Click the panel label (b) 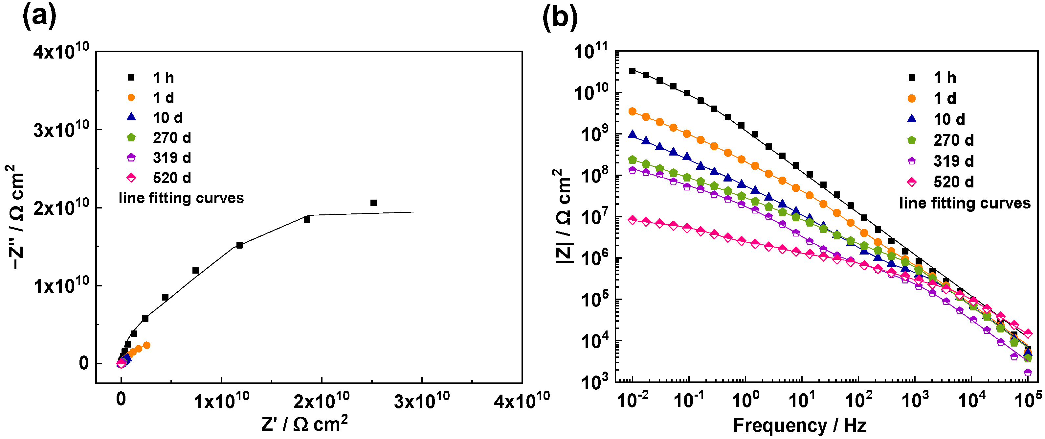[560, 17]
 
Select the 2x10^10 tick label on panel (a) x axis [321, 401]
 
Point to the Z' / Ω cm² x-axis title [304, 424]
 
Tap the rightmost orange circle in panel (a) [147, 345]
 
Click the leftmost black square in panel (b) [632, 71]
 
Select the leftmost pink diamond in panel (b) [632, 220]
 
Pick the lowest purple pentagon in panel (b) [1028, 372]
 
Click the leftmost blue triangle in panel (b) [632, 134]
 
